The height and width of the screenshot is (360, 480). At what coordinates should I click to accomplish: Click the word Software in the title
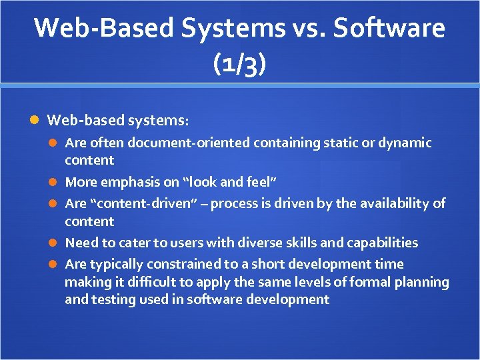coord(390,28)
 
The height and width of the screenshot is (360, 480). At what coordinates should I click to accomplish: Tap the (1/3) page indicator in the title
coord(239,65)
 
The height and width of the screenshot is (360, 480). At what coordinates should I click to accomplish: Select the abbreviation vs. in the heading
coord(311,28)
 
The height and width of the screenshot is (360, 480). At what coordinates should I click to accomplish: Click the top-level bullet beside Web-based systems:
coord(35,121)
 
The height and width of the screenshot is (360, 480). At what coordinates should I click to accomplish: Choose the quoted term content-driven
coord(147,203)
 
